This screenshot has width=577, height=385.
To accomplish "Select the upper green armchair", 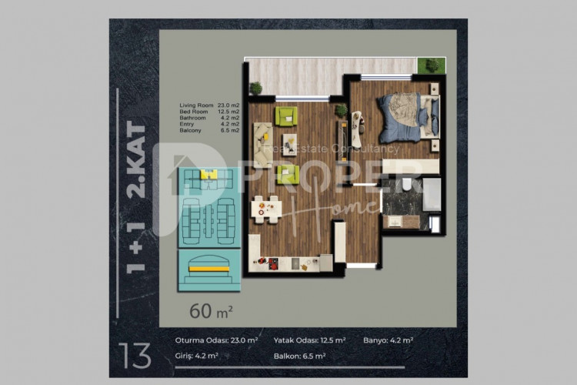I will tap(286, 117).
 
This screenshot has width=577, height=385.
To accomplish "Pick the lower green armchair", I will tap(287, 173).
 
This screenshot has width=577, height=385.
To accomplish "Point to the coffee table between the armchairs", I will tap(289, 144).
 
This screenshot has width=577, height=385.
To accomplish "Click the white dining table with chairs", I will tap(266, 207).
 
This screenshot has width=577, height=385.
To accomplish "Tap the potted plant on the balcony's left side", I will tap(255, 88).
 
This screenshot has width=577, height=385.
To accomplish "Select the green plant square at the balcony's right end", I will tap(432, 66).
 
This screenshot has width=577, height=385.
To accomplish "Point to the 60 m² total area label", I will tap(212, 311).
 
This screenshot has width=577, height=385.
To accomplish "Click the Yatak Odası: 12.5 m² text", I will tap(310, 340).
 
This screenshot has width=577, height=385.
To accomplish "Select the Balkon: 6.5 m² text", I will tap(300, 357).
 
